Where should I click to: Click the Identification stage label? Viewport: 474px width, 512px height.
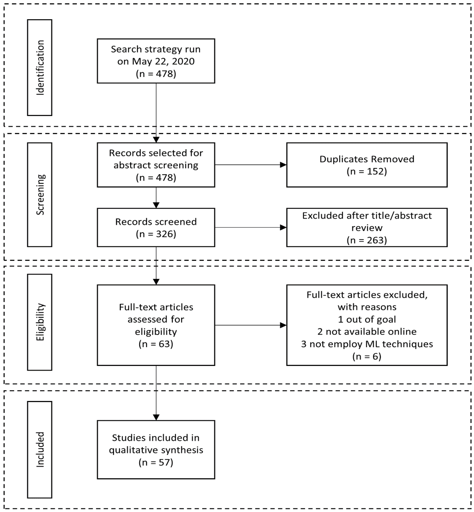point(40,68)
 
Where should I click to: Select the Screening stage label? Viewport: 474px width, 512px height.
point(40,195)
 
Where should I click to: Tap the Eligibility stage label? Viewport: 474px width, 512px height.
point(40,322)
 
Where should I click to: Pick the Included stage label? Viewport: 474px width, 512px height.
point(40,449)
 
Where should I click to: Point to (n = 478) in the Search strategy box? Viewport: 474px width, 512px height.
point(156,74)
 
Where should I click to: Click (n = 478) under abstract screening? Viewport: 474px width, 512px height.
point(156,177)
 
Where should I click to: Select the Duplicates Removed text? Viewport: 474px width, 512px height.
point(367,159)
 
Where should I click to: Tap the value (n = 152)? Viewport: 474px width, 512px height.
point(367,171)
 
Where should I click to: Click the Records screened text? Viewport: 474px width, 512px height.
point(156,222)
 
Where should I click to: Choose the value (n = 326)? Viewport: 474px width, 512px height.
point(156,234)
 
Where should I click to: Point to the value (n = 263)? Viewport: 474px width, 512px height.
point(367,240)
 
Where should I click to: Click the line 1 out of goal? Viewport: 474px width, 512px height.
point(367,319)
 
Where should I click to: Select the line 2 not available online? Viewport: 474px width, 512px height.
point(367,332)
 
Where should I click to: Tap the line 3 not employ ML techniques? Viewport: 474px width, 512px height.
point(367,344)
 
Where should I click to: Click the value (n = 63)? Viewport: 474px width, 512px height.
point(156,344)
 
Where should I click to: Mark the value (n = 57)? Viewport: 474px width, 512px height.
point(156,462)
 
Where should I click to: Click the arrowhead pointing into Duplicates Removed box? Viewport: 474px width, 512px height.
point(283,165)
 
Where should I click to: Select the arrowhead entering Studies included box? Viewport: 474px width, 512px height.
point(156,417)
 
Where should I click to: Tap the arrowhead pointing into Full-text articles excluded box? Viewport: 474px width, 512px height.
point(283,325)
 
